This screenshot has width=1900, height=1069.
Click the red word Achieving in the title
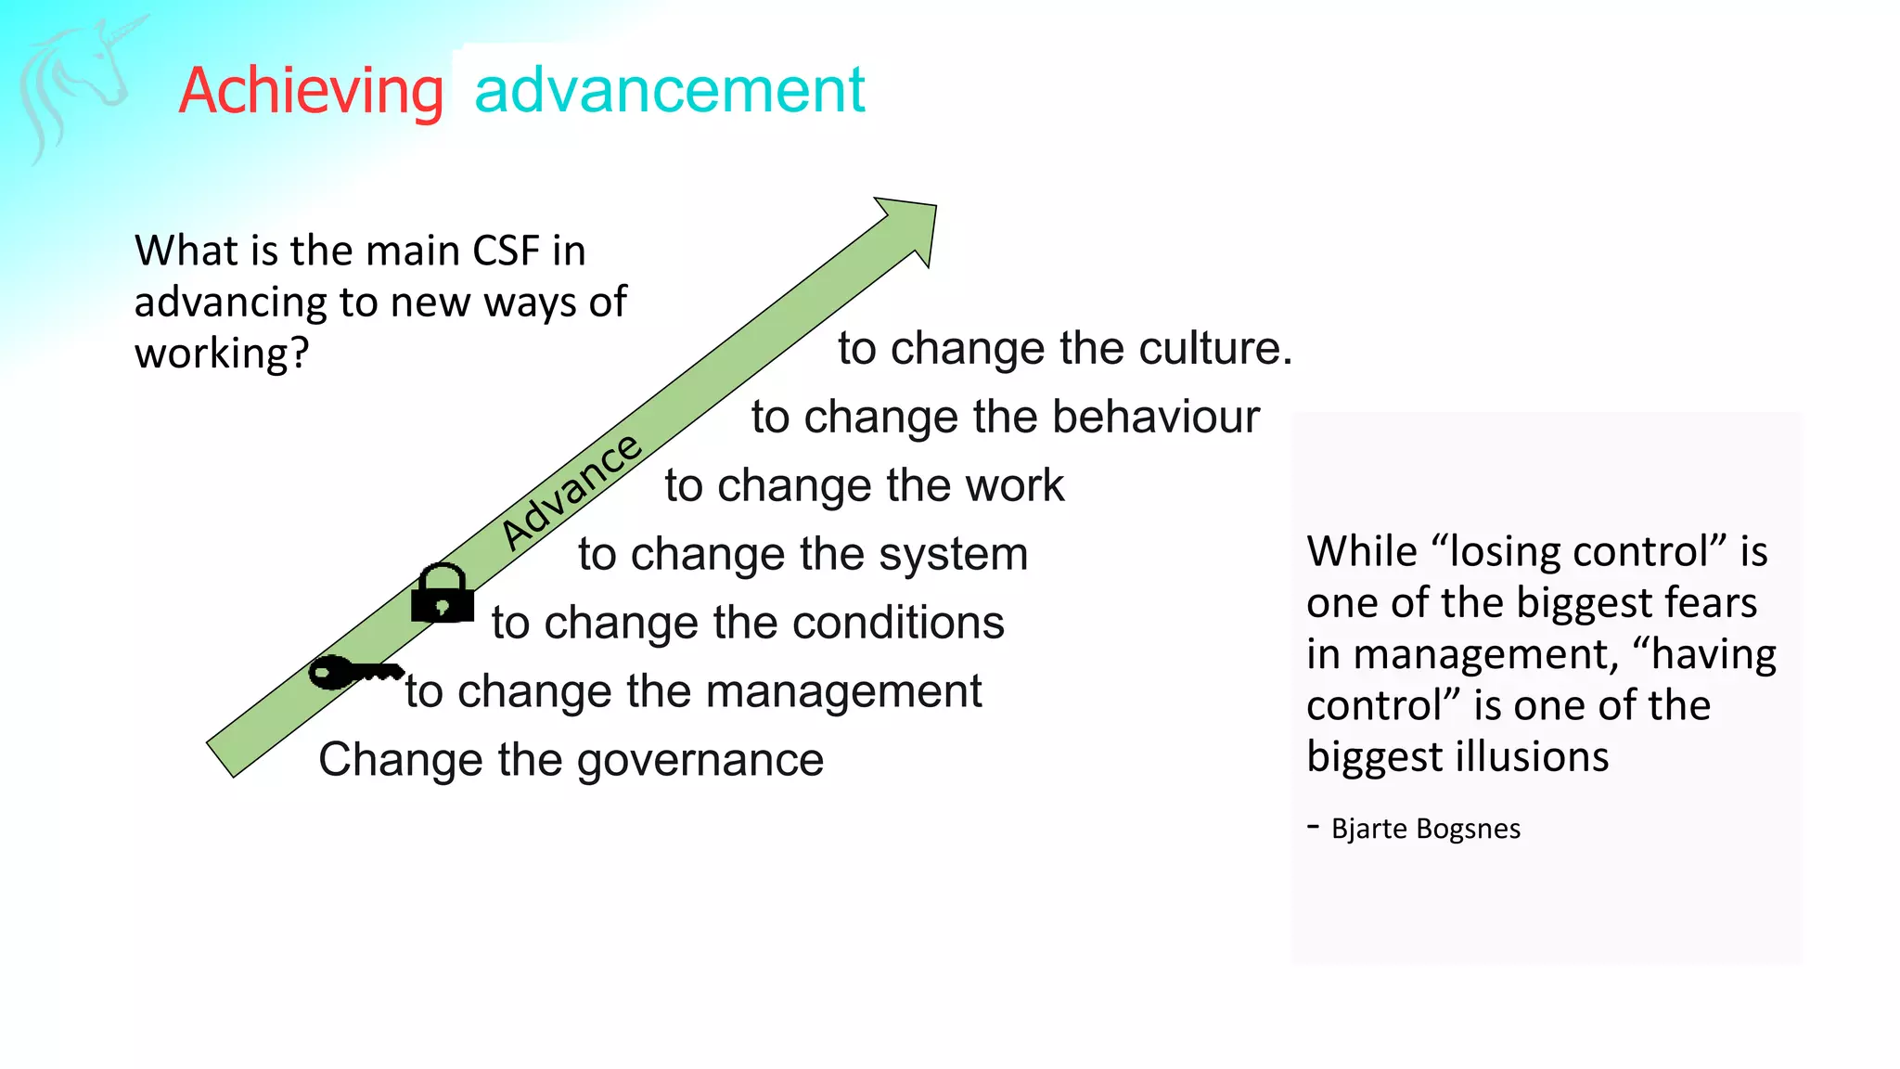(x=311, y=91)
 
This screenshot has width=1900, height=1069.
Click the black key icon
(x=353, y=672)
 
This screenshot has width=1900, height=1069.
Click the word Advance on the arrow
(x=571, y=491)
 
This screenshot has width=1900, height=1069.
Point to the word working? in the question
(x=221, y=354)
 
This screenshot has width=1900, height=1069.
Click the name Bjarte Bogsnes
(x=1425, y=829)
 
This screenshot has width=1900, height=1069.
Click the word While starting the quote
(x=1361, y=552)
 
